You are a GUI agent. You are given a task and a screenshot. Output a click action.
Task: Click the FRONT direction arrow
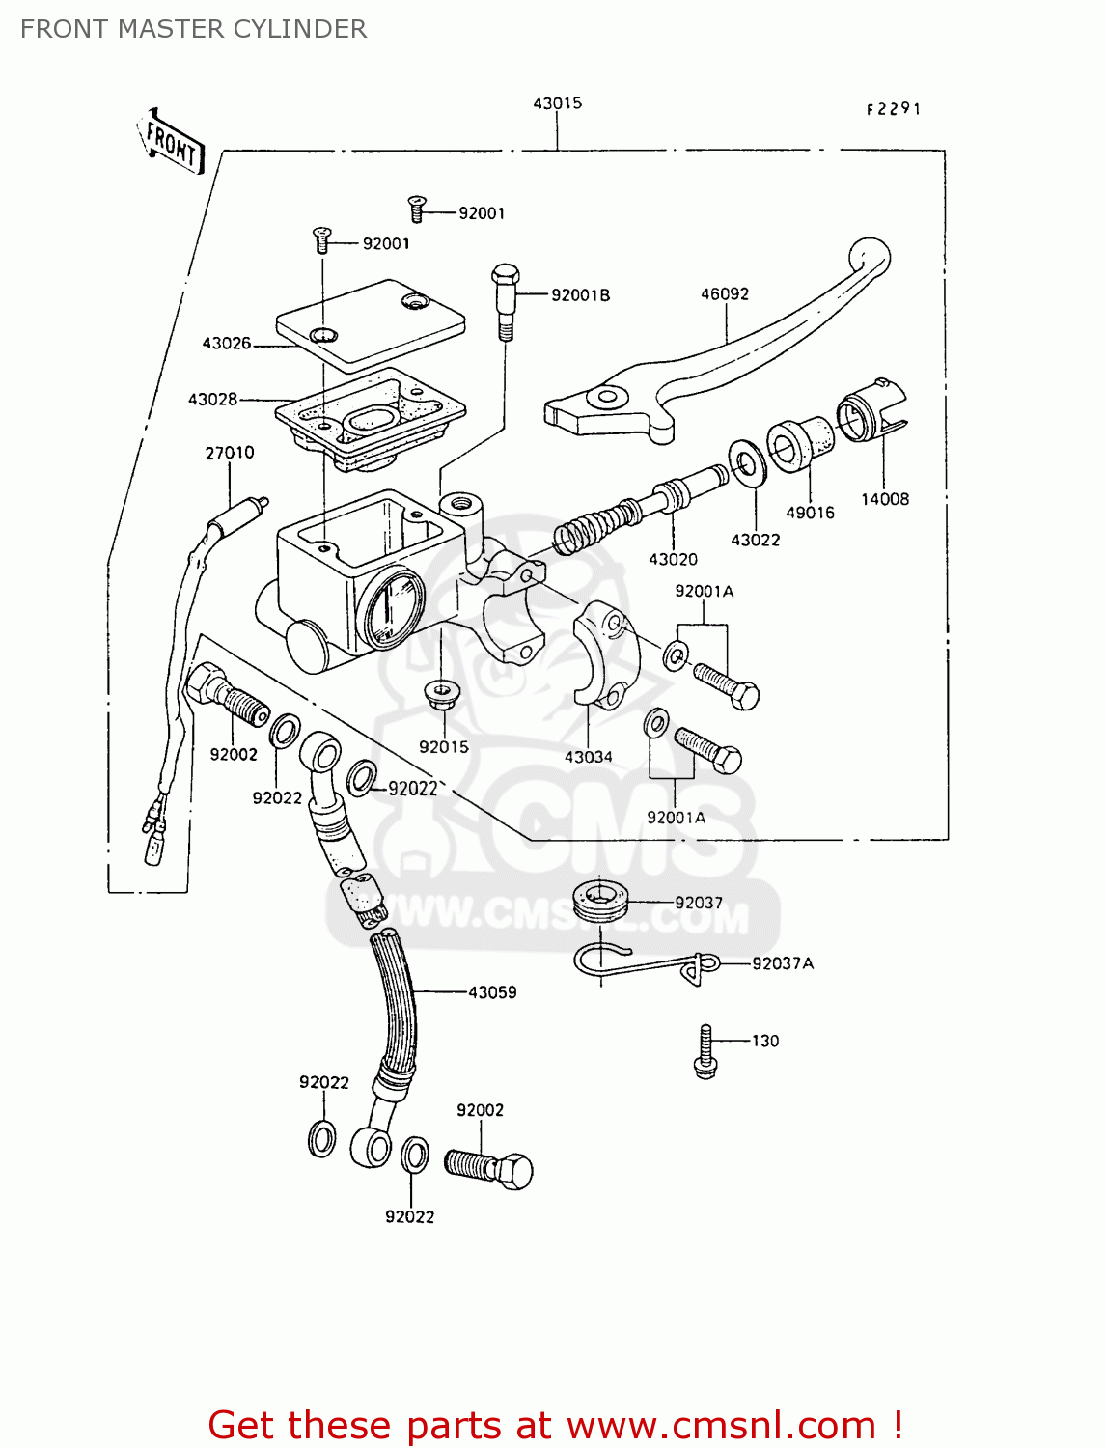coord(172,142)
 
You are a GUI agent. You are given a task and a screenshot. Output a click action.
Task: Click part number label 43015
coord(558,103)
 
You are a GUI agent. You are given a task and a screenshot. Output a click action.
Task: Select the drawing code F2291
coord(893,109)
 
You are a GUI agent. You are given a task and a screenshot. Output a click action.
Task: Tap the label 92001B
coord(580,295)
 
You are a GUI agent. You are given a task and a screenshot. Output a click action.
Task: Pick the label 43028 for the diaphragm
coord(212,399)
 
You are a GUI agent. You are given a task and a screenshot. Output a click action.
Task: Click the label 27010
coord(230,453)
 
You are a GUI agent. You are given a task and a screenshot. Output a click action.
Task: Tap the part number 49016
coord(810,513)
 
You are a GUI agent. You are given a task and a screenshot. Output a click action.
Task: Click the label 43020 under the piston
coord(673,559)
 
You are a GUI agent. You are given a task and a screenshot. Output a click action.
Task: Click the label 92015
coord(444,746)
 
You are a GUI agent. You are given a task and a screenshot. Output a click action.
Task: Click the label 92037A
coord(783,963)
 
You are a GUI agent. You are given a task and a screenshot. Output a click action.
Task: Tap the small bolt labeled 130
coord(705,1051)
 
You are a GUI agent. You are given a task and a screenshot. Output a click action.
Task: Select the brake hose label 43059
coord(492,991)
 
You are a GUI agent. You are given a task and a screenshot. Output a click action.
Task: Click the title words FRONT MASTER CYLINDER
coord(193,29)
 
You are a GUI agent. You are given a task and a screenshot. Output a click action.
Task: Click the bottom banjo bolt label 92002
coord(480,1110)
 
